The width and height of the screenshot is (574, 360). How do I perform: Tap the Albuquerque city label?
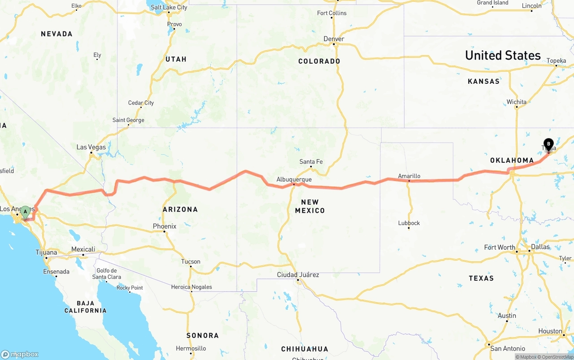click(294, 179)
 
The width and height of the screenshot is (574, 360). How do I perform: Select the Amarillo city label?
click(409, 176)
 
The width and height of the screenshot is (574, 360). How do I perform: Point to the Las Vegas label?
click(91, 147)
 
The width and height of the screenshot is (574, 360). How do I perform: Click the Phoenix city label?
click(165, 226)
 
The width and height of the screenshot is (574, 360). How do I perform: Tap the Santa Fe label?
click(311, 162)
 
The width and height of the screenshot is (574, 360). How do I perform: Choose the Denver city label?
click(334, 39)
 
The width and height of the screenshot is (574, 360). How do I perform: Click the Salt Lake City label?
click(169, 8)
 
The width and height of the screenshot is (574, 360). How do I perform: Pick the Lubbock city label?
click(409, 223)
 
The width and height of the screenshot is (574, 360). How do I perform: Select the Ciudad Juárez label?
click(298, 274)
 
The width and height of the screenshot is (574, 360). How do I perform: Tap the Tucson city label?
click(191, 261)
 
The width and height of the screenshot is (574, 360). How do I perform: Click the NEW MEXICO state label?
click(310, 206)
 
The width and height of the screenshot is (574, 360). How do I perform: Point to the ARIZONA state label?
click(180, 209)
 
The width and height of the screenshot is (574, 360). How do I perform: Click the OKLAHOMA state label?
click(512, 160)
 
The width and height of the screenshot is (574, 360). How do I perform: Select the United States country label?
click(503, 56)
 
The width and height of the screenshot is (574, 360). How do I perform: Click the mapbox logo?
click(20, 354)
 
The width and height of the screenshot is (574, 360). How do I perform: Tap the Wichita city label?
click(517, 102)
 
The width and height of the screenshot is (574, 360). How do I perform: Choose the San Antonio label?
click(508, 348)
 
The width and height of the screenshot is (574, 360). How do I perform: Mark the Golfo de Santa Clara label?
click(107, 273)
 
